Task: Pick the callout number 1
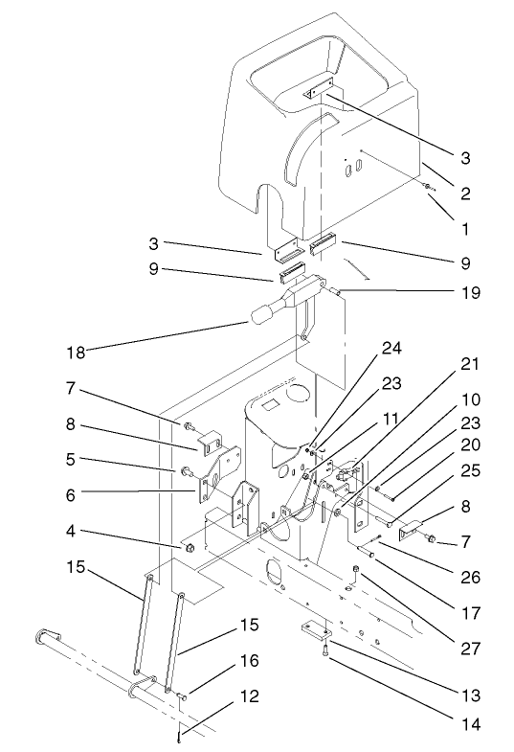[464, 230]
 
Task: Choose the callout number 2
[464, 194]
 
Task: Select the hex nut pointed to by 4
[190, 548]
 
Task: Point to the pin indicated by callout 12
[179, 736]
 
